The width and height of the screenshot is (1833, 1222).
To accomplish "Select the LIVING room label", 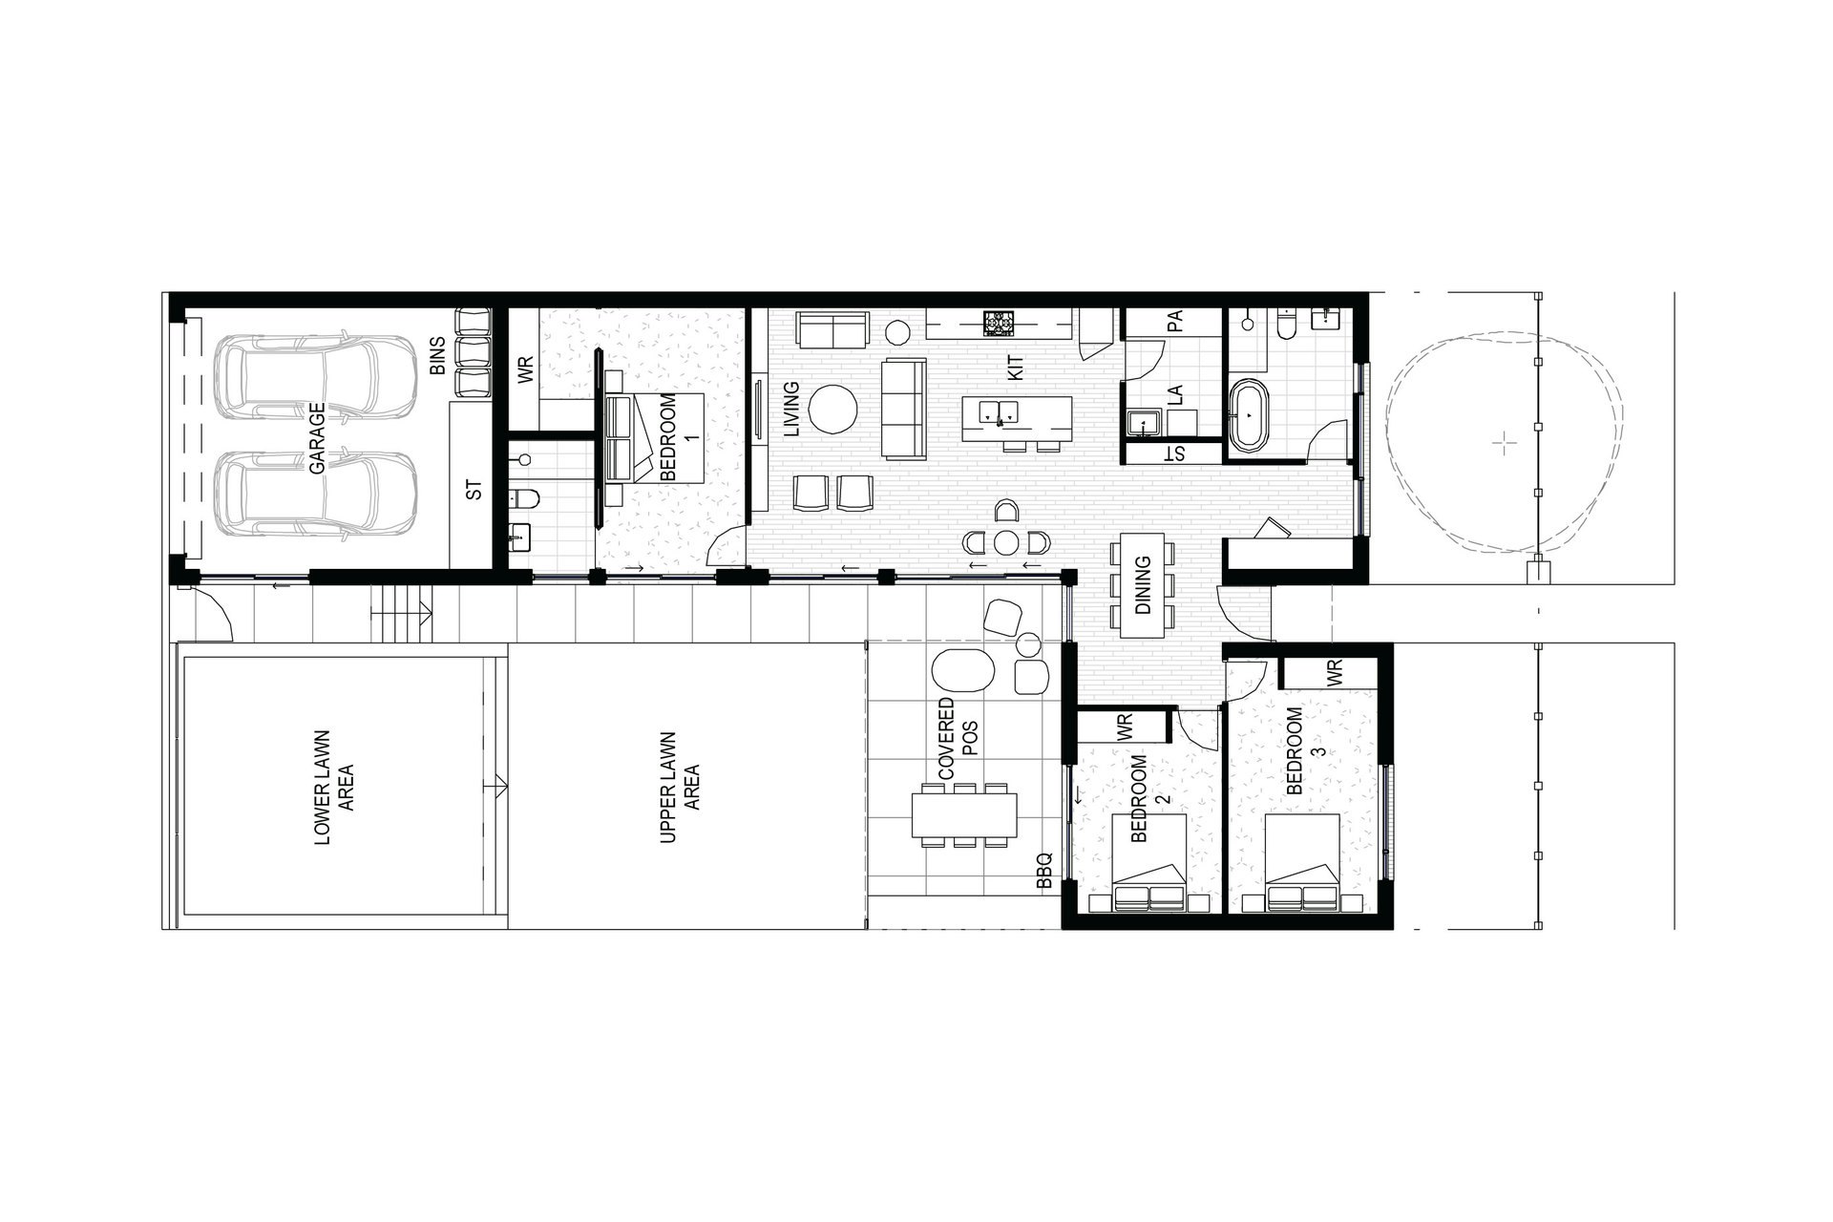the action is tap(790, 410).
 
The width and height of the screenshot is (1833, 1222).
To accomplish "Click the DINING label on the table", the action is tap(1143, 586).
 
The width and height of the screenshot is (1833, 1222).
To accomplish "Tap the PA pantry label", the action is tap(1175, 321).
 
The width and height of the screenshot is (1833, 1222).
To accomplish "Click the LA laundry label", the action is tap(1175, 394).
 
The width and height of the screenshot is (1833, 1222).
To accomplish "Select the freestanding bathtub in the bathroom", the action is tap(1249, 416).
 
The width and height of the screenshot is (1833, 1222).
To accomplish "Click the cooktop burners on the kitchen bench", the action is tap(1000, 323).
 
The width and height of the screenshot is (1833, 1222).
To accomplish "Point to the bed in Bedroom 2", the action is tap(1149, 864).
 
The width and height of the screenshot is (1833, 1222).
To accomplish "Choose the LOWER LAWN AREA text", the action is tap(333, 789).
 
